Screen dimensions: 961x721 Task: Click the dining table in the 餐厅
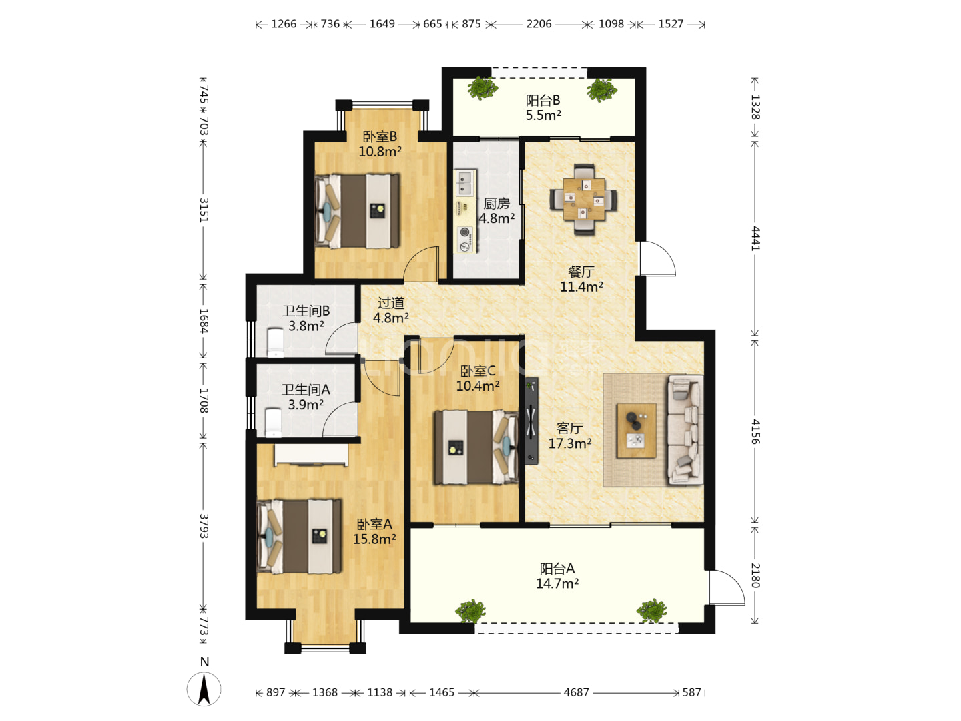(583, 200)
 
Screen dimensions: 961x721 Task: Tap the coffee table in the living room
(636, 431)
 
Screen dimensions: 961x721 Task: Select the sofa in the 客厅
(685, 429)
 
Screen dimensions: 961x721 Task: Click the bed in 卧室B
(357, 211)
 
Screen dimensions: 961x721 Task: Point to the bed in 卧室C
(476, 447)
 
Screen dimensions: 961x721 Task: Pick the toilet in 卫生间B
(276, 342)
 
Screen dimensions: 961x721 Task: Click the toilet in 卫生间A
(274, 423)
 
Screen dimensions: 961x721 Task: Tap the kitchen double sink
(464, 183)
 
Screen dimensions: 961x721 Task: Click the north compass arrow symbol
(204, 688)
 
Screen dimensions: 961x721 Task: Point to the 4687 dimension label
(576, 692)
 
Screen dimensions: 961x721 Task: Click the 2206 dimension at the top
(539, 23)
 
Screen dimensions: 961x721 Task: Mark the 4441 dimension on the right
(755, 238)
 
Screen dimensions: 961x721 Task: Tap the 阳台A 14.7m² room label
(557, 576)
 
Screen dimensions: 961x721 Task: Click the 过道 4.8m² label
(391, 310)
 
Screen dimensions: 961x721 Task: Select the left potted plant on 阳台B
(483, 88)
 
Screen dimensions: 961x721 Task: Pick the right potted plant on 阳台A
(651, 610)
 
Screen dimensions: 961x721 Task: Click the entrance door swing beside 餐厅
(658, 258)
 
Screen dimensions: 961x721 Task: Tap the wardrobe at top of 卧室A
(311, 455)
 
